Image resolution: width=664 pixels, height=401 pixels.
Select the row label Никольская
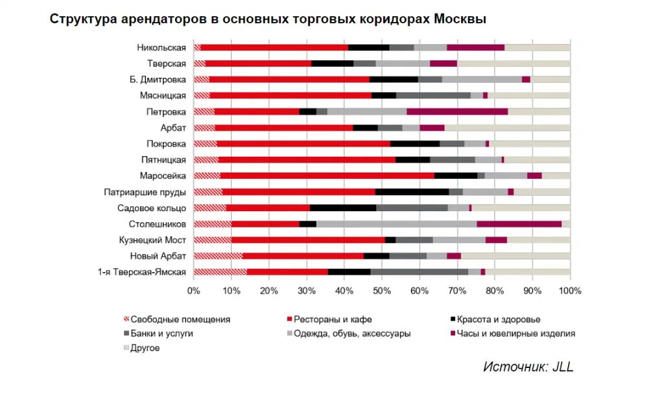(x=161, y=47)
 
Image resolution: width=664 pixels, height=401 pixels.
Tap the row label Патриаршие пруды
(x=145, y=192)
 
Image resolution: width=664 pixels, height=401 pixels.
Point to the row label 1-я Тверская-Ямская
(x=142, y=272)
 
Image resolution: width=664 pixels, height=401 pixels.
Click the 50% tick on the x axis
(x=382, y=291)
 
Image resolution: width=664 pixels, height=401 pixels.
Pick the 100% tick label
(x=570, y=291)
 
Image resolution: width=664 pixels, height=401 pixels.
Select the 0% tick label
(x=193, y=291)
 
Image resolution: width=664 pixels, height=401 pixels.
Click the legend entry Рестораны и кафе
(x=333, y=319)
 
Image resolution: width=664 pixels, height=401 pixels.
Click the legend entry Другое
(x=145, y=348)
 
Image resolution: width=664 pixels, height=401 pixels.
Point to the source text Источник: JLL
(x=528, y=367)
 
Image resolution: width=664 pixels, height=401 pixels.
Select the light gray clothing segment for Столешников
(x=396, y=224)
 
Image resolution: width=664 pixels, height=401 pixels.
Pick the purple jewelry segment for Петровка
(x=457, y=111)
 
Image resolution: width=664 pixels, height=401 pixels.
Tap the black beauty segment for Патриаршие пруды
(x=412, y=192)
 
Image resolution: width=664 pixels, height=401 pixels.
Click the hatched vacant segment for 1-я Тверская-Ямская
(x=220, y=272)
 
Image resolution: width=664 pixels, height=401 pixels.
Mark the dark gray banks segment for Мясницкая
(x=433, y=95)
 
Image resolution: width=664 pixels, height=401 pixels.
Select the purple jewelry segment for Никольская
(x=475, y=47)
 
